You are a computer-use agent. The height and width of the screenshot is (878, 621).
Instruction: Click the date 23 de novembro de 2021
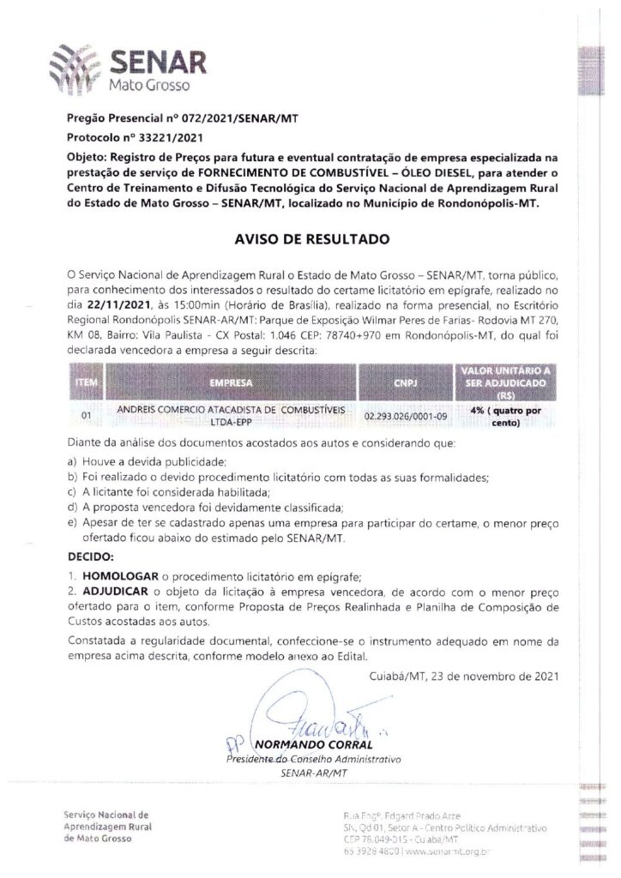tap(464, 676)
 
